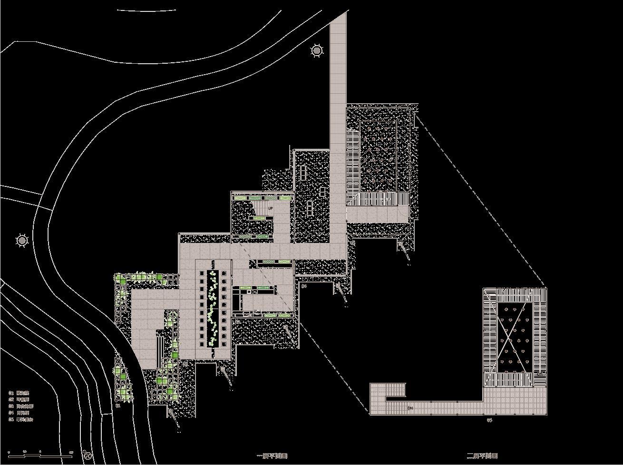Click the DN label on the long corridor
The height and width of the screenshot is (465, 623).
pos(410,408)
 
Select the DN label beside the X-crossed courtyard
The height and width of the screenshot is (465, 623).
pos(540,375)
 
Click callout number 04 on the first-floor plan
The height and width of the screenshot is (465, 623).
pos(304,286)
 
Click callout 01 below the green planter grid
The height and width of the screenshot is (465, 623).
pos(118,406)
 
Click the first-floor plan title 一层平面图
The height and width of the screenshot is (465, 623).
pos(272,456)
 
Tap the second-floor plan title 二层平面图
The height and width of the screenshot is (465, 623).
pos(482,456)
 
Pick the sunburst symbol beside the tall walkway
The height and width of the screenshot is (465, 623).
pos(317,50)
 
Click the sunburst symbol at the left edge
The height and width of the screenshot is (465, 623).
pos(22,241)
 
